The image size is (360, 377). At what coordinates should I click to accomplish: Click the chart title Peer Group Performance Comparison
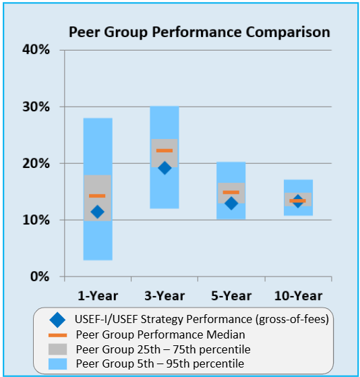click(x=200, y=32)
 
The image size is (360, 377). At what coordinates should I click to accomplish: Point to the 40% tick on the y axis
click(x=38, y=50)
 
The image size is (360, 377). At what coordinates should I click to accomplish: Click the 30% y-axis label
click(x=38, y=107)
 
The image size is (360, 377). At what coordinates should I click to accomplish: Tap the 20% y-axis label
click(x=38, y=163)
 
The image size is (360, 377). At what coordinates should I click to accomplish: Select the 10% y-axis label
click(x=38, y=220)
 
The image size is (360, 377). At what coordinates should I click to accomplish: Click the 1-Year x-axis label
click(x=98, y=295)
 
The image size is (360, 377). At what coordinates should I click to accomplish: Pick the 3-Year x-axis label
click(x=164, y=295)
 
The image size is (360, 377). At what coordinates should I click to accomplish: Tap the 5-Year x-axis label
click(x=231, y=295)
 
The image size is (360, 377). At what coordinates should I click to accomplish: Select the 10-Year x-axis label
click(x=297, y=295)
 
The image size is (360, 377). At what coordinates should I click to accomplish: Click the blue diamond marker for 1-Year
click(x=98, y=212)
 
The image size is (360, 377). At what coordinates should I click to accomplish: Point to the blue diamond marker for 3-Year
click(x=164, y=168)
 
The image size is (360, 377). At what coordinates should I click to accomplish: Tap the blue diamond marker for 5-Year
click(x=231, y=203)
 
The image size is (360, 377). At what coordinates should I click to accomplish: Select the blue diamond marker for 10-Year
click(x=297, y=202)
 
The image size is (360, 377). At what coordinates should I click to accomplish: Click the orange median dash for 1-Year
click(x=98, y=196)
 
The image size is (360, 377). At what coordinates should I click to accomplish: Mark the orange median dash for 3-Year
click(x=164, y=150)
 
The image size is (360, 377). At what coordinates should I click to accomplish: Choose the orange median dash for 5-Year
click(x=231, y=192)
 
